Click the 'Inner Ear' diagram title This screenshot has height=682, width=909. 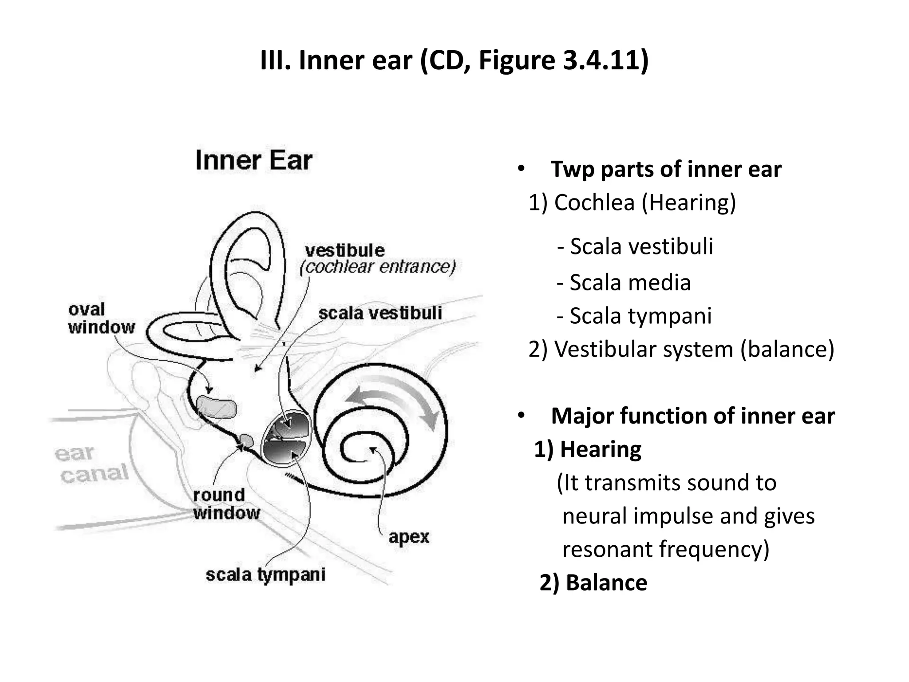click(254, 160)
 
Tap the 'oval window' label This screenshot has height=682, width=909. click(101, 318)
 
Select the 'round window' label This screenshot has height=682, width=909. click(226, 504)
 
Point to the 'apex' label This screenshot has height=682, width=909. click(409, 537)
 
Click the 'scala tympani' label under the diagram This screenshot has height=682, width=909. click(265, 575)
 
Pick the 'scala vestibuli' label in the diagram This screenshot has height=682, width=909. click(380, 313)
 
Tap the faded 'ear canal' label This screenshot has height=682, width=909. click(91, 464)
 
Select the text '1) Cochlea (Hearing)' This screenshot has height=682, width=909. click(632, 202)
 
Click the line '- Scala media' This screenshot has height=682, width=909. click(624, 282)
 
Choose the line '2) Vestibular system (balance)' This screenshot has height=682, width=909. click(681, 349)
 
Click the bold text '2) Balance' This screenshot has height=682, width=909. click(593, 583)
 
